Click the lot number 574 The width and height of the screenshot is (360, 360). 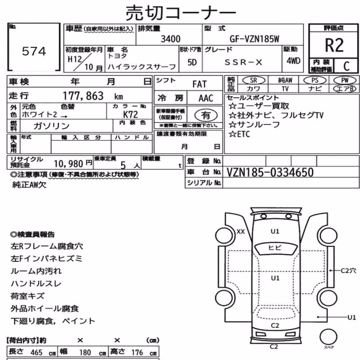click(34, 51)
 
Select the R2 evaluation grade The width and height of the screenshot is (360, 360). click(334, 45)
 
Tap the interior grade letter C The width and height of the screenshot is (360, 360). click(346, 66)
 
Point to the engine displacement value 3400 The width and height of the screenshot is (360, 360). click(170, 39)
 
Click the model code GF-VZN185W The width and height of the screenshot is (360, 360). click(255, 39)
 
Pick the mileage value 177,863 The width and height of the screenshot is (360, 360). click(83, 96)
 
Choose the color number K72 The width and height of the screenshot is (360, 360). click(130, 114)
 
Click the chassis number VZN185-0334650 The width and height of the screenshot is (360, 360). click(270, 172)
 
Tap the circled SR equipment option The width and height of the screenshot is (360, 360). click(253, 80)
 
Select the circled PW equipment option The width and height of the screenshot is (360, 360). click(345, 80)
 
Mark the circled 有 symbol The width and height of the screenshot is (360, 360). click(206, 115)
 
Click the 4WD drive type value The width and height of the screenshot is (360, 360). click(293, 61)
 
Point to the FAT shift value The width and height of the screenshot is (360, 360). click(199, 84)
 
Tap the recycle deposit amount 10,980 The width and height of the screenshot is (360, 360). click(68, 164)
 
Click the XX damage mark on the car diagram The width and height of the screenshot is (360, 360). click(240, 231)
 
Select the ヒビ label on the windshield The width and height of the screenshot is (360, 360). click(275, 248)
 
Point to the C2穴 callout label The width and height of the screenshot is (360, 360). click(348, 271)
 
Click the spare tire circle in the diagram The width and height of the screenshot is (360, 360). click(329, 337)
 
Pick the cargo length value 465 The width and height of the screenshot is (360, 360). click(36, 352)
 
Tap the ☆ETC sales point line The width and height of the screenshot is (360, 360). click(239, 134)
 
